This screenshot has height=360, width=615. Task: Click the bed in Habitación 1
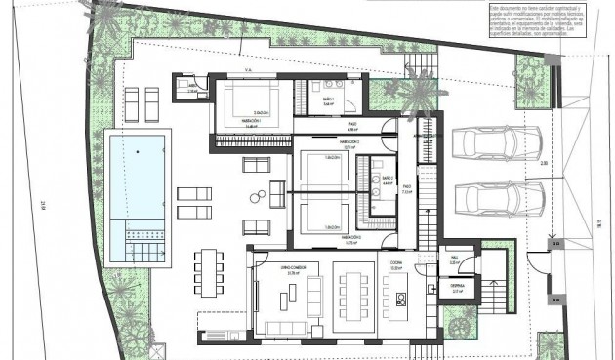pos(249,99)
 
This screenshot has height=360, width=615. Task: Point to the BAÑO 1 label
pos(329,100)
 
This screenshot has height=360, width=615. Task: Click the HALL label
pos(454,260)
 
